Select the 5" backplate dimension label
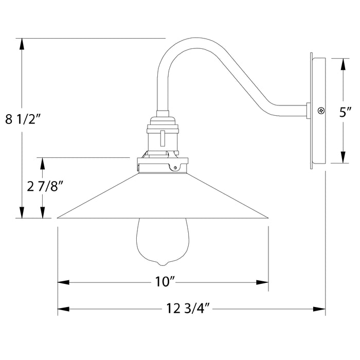click(345, 111)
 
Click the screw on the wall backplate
click(321, 110)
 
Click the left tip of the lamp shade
click(58, 217)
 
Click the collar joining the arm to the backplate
click(308, 110)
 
